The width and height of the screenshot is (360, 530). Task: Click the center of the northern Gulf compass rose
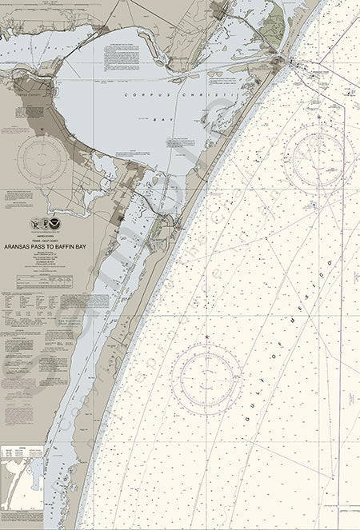coord(319,157)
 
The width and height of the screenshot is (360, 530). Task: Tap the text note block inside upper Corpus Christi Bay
coord(221,80)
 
